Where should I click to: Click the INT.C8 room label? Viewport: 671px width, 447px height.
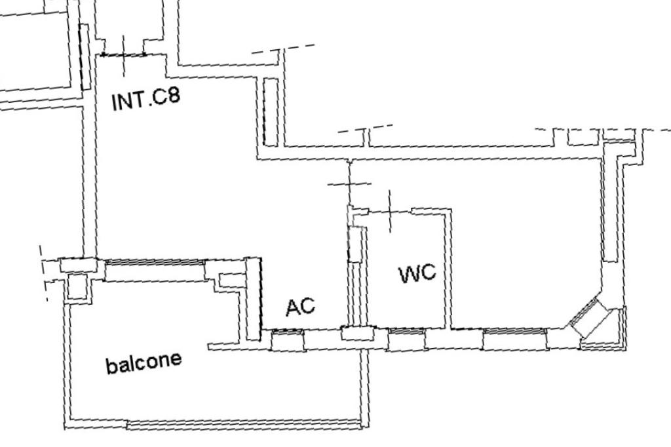pyautogui.click(x=146, y=100)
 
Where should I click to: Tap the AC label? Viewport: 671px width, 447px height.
pyautogui.click(x=301, y=306)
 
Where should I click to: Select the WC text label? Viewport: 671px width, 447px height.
pyautogui.click(x=417, y=273)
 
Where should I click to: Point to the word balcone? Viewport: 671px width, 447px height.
pyautogui.click(x=144, y=362)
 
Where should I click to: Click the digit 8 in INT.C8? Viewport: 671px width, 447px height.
pyautogui.click(x=172, y=96)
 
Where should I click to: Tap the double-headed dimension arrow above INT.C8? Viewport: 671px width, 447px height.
pyautogui.click(x=123, y=55)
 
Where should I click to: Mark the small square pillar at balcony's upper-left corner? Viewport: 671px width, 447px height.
pyautogui.click(x=77, y=286)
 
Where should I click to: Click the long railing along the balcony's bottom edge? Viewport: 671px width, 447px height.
pyautogui.click(x=242, y=424)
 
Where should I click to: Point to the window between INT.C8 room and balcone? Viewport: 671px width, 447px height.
pyautogui.click(x=155, y=262)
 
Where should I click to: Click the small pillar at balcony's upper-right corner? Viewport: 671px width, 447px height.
pyautogui.click(x=230, y=280)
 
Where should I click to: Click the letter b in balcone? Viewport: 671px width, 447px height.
pyautogui.click(x=110, y=366)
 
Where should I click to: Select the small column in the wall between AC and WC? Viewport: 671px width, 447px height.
pyautogui.click(x=356, y=333)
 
